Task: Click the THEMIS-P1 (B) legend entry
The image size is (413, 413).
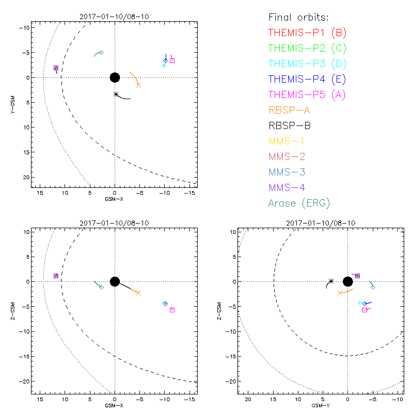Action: pos(308,33)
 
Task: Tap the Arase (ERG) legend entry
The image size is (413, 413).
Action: pos(299,203)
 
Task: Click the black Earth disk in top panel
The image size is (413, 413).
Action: pos(115,77)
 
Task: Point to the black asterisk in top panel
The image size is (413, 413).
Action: pos(116,94)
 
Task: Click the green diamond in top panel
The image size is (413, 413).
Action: pos(101,52)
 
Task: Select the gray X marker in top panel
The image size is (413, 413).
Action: pos(138,85)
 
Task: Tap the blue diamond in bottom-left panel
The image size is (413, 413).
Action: pos(165,304)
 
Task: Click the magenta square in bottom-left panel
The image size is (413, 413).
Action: pos(172,310)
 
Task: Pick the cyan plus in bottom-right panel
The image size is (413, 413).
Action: pos(359,303)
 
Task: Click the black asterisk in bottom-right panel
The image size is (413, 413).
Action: pos(331,281)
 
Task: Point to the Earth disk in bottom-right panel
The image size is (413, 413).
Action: pos(347,281)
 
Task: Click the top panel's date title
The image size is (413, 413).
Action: pos(115,17)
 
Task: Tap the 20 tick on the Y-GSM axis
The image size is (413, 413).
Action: pos(24,177)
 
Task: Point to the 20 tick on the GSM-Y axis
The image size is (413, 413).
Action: pos(248,400)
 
